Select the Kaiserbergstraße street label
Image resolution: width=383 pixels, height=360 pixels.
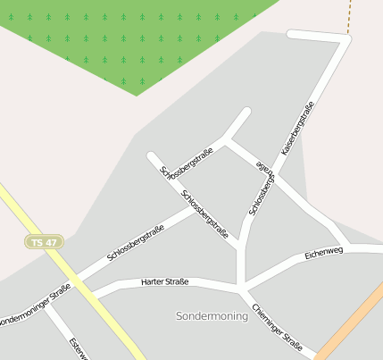298,130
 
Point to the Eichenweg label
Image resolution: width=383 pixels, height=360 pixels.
323,253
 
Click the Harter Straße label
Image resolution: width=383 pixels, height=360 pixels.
165,282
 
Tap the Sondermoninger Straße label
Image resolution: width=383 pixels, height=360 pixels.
34,305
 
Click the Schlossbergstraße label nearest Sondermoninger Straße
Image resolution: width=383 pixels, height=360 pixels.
136,243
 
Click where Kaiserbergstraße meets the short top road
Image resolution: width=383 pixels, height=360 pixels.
346,38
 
